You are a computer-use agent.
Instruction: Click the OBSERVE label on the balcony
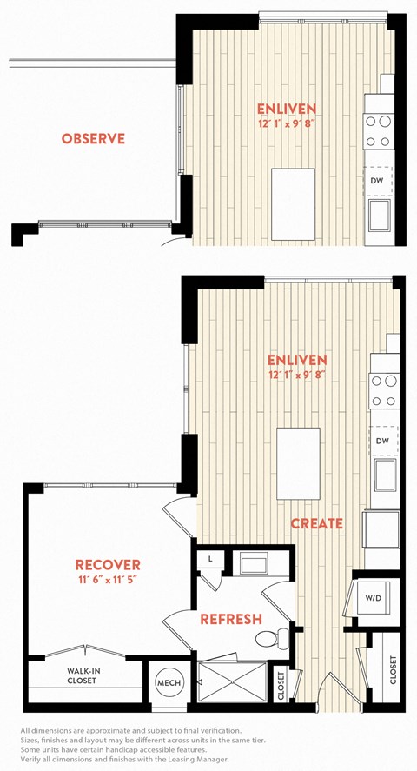tap(93, 139)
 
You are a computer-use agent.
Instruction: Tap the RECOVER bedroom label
tap(108, 564)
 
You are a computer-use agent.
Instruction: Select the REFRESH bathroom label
tap(231, 619)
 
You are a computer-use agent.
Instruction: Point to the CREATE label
tap(317, 523)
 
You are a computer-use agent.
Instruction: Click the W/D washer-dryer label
tap(373, 598)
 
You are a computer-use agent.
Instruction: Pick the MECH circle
tap(169, 683)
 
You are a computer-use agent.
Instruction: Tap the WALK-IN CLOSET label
tap(82, 675)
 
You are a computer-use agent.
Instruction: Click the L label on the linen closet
tap(209, 559)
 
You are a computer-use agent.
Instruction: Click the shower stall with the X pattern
tap(231, 682)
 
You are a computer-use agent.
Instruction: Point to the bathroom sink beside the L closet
tap(254, 562)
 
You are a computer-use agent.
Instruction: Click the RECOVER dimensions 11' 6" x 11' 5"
tap(107, 579)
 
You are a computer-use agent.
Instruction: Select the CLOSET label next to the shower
tap(281, 686)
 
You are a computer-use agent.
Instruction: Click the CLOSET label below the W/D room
tap(393, 670)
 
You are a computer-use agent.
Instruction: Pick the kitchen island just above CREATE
tap(298, 463)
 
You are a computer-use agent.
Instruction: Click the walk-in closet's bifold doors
tap(85, 652)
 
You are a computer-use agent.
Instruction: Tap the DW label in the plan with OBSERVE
tap(377, 181)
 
